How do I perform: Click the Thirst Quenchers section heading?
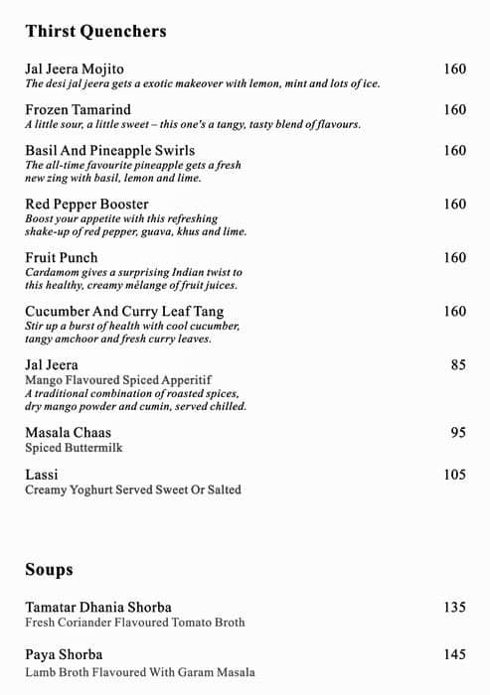coord(95,32)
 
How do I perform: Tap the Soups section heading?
coord(49,570)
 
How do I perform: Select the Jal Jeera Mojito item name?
coord(75,69)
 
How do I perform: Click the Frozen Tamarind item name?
coord(78,110)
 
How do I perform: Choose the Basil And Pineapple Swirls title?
coord(109,151)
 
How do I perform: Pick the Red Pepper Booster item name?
coord(86,205)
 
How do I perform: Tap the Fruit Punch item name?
coord(62,258)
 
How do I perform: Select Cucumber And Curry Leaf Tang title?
coord(122,312)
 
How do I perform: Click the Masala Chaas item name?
coord(68,433)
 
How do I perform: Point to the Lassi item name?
coord(41,475)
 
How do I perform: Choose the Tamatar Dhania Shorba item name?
coord(98,608)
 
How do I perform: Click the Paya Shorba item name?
coord(64,655)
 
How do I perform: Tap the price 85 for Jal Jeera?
coord(457,365)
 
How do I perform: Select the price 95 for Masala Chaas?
coord(457,433)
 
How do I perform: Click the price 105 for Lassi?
coord(454,475)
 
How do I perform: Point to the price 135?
coord(454,608)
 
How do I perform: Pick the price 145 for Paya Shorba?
coord(454,655)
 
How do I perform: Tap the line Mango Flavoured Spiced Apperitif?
coord(118,380)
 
